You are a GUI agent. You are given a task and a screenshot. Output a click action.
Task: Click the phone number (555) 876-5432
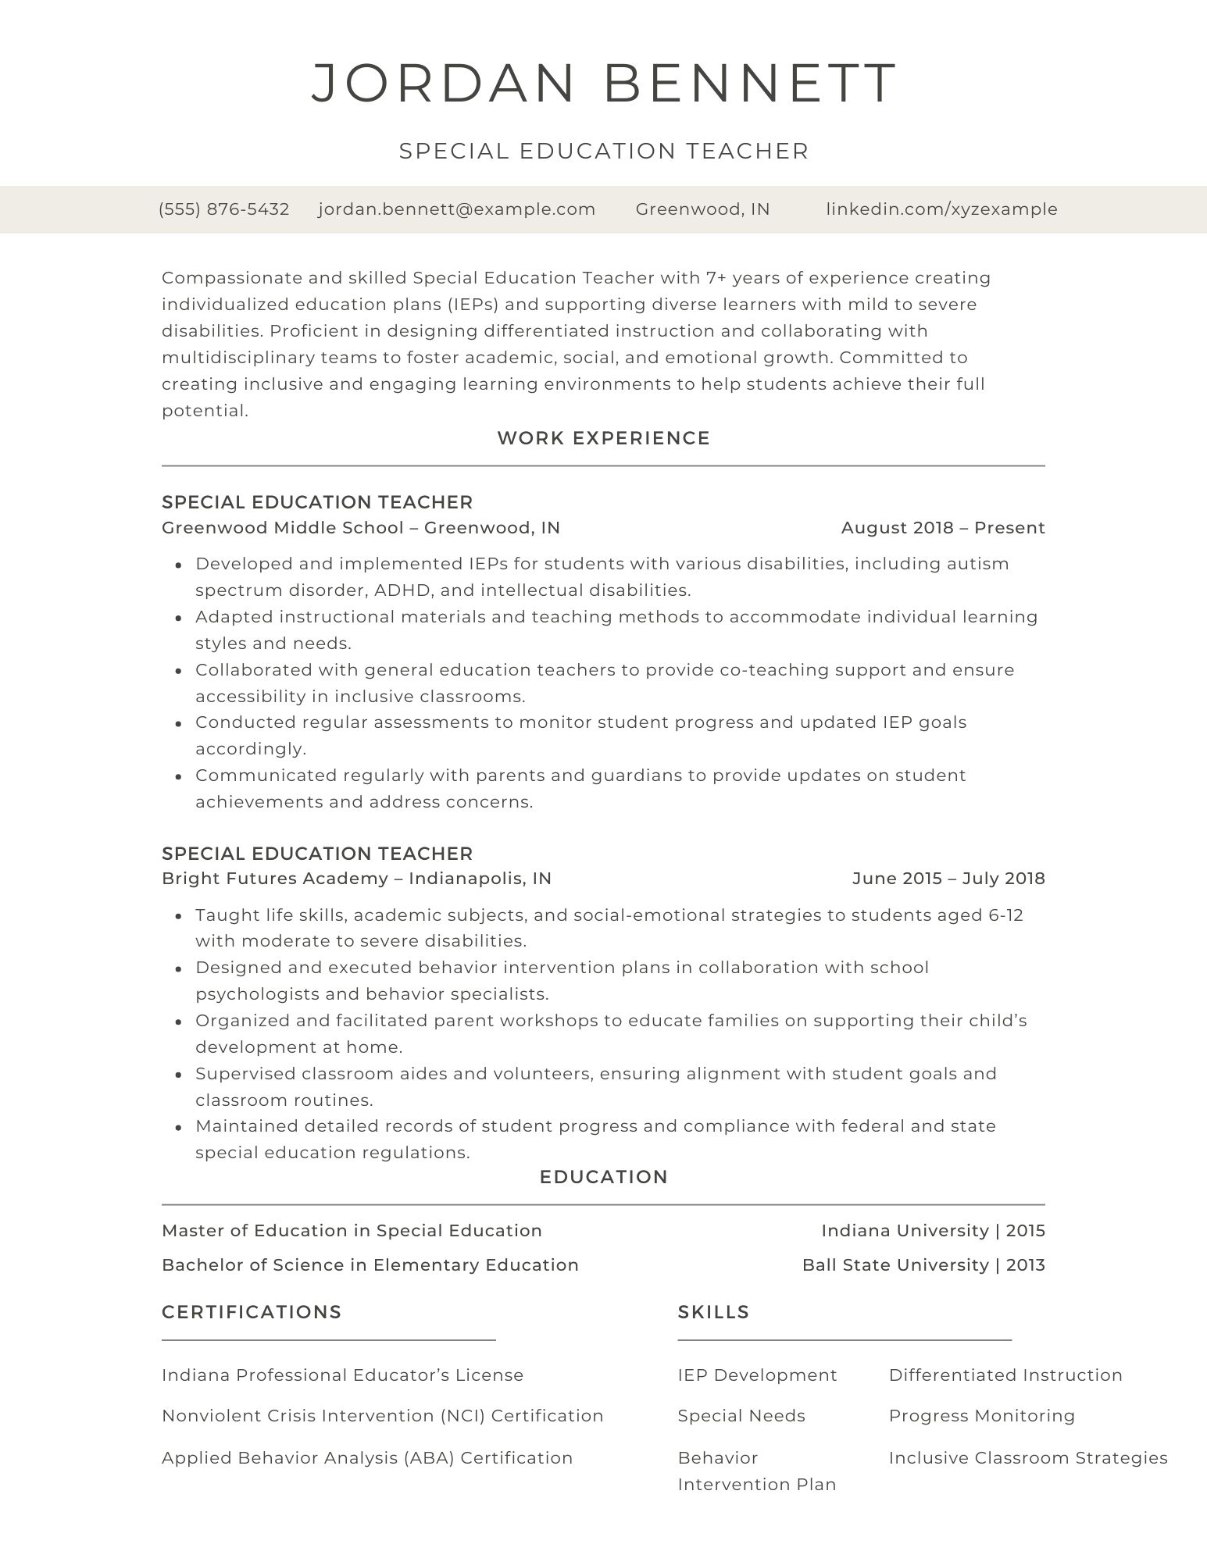pyautogui.click(x=223, y=209)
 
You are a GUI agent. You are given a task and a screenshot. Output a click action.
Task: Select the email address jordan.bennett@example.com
pyautogui.click(x=457, y=209)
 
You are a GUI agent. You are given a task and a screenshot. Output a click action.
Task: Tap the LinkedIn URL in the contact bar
pyautogui.click(x=941, y=209)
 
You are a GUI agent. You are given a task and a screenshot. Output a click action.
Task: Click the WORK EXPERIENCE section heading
pyautogui.click(x=603, y=438)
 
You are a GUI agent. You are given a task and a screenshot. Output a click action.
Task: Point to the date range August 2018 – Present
pyautogui.click(x=942, y=528)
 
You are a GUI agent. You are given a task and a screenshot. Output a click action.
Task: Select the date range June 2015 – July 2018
pyautogui.click(x=948, y=879)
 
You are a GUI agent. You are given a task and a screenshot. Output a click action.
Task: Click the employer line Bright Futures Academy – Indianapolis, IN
pyautogui.click(x=356, y=879)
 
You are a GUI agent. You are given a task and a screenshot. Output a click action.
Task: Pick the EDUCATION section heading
pyautogui.click(x=603, y=1177)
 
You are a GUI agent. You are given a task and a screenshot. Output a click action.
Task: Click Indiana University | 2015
pyautogui.click(x=932, y=1231)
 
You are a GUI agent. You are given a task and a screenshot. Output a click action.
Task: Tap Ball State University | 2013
pyautogui.click(x=923, y=1265)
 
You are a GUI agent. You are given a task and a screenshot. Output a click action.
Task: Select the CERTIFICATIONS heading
pyautogui.click(x=252, y=1312)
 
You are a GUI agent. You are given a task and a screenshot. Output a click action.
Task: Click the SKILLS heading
pyautogui.click(x=713, y=1312)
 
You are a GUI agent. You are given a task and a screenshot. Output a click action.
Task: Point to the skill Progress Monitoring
pyautogui.click(x=981, y=1416)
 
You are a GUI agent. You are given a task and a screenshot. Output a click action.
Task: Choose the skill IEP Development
pyautogui.click(x=757, y=1375)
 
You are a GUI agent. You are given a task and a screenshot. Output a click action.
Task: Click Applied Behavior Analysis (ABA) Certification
pyautogui.click(x=367, y=1458)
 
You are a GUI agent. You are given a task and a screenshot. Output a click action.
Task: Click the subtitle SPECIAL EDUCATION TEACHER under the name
pyautogui.click(x=603, y=151)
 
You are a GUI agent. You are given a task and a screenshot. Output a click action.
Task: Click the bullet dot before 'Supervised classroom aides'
pyautogui.click(x=179, y=1075)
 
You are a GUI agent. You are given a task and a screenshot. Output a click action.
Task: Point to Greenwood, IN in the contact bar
pyautogui.click(x=702, y=209)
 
